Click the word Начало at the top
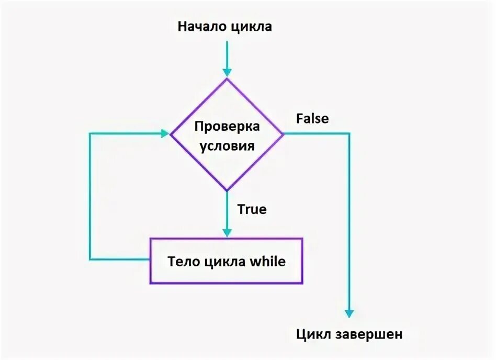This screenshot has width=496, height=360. click(x=202, y=27)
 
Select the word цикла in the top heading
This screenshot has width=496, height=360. click(x=251, y=27)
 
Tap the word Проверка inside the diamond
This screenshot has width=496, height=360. click(x=227, y=127)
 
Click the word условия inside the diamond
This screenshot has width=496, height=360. click(x=227, y=145)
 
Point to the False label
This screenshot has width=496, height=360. click(x=312, y=119)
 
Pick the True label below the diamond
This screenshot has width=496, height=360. click(x=252, y=210)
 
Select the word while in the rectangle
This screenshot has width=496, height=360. click(x=269, y=261)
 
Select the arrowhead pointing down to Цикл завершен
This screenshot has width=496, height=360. click(x=349, y=313)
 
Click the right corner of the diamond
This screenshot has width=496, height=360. click(x=283, y=134)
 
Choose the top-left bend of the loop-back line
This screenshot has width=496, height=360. click(x=90, y=134)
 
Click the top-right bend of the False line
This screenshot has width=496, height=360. click(x=349, y=134)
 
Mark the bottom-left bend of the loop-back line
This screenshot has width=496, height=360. click(x=90, y=259)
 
